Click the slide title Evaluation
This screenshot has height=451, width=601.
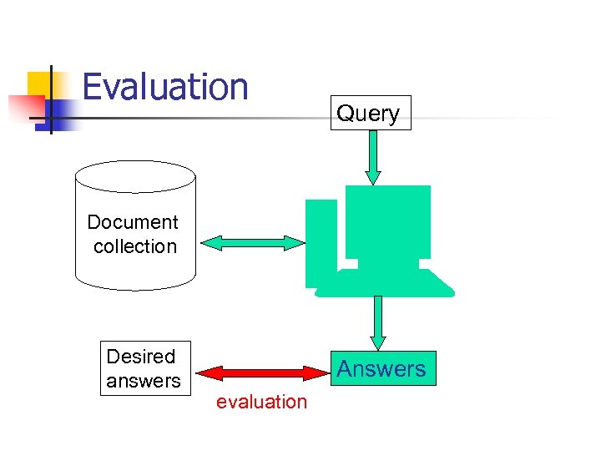pos(165,87)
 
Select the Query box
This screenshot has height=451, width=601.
pos(368,113)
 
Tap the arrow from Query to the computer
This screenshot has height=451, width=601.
pos(373,157)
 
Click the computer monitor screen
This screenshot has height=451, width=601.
pos(388,220)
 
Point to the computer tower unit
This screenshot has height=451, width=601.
pos(321,242)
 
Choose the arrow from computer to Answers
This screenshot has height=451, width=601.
pos(378,322)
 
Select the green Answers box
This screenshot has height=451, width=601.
pos(381,368)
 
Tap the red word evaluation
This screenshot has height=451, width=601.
pos(261,402)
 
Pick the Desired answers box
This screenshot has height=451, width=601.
pos(145,368)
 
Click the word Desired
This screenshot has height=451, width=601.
pos(141,357)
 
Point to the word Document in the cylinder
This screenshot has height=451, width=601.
pos(133,222)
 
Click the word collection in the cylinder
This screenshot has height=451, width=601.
pos(135,246)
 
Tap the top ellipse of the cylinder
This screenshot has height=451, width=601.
pos(135,176)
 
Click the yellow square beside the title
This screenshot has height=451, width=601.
pos(42,84)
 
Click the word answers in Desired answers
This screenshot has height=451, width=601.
pos(144,381)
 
